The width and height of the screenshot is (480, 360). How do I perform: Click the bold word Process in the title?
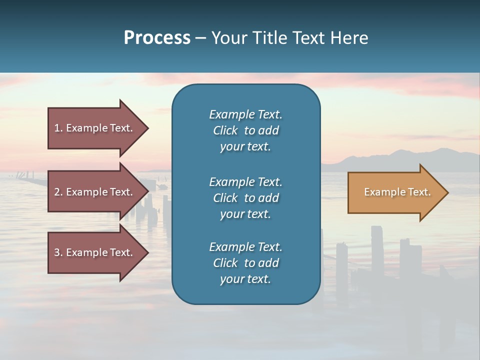coord(157,38)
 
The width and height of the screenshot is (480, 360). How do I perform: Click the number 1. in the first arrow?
coord(58,128)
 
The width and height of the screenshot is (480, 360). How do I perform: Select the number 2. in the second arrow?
coord(58,192)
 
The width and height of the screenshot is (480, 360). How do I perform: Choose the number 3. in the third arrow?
coord(58,252)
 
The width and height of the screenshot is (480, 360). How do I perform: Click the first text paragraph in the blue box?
coord(245,130)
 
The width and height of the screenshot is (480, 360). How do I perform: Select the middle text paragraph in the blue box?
coord(245,198)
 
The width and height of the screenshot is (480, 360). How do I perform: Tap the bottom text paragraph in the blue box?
coord(245,263)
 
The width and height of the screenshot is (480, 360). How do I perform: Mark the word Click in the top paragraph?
coord(225,130)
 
